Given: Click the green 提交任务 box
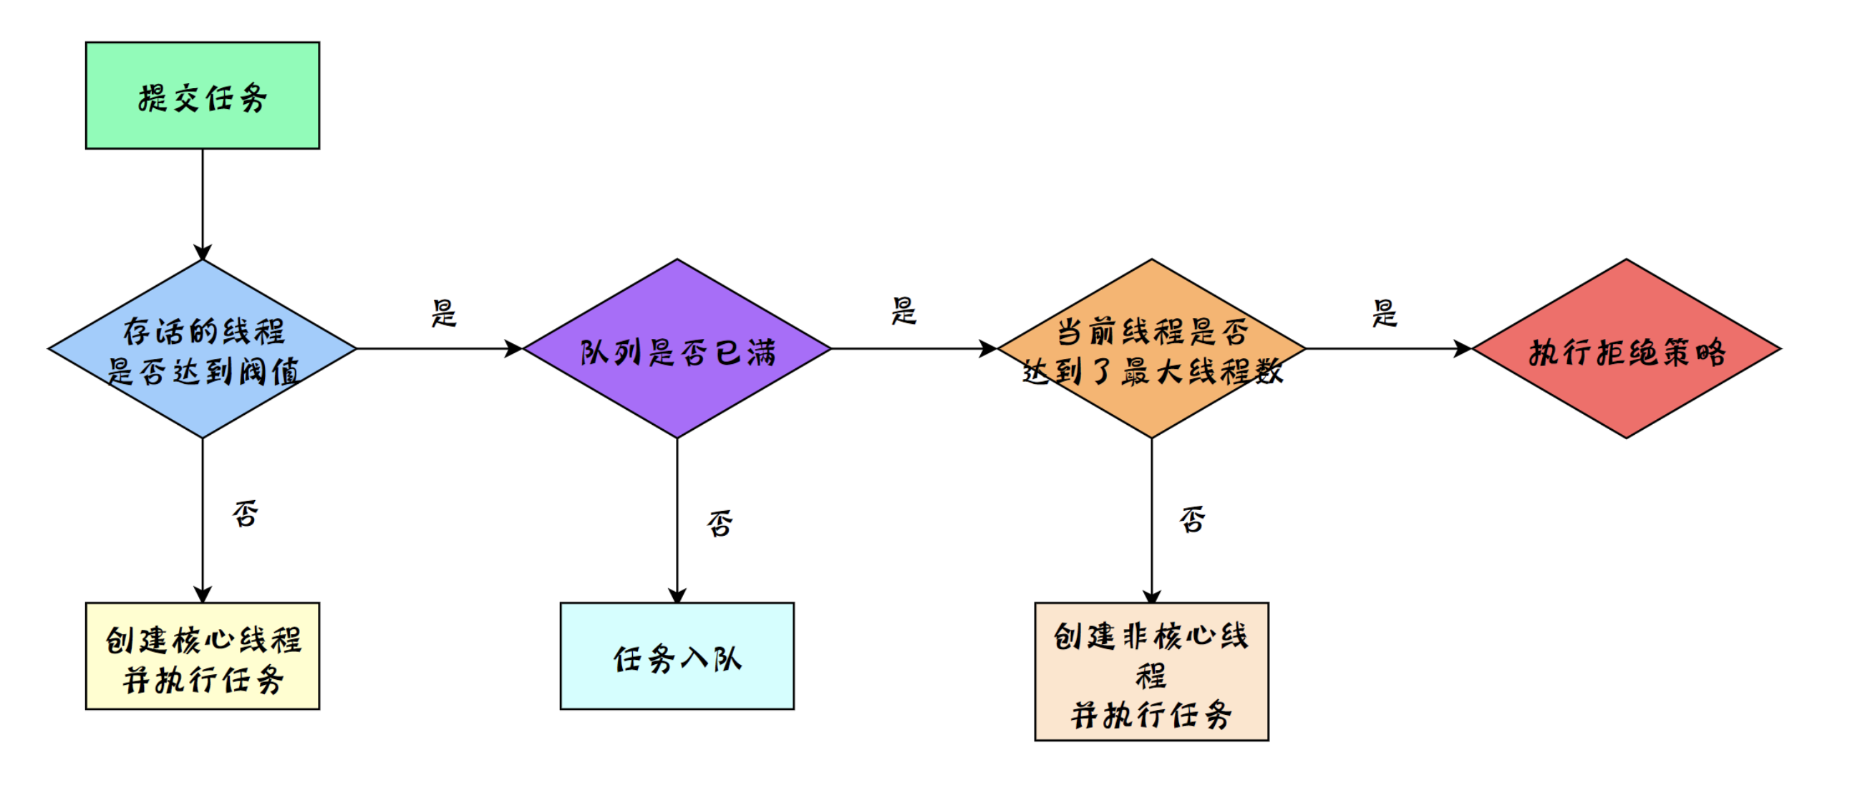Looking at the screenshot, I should pos(203,95).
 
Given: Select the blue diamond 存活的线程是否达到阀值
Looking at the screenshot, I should pos(203,349).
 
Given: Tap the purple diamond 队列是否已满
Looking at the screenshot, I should pos(677,349).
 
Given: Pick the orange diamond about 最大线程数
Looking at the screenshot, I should pos(1151,349).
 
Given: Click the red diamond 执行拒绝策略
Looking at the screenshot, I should pos(1627,349).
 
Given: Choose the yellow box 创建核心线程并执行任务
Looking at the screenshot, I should pos(203,656).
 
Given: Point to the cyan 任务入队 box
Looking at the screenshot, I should pos(677,656).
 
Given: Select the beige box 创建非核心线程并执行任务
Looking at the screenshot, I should pos(1151,671).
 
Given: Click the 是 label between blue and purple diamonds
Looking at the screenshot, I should pos(444,313).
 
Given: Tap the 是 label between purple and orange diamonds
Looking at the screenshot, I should pos(904,311).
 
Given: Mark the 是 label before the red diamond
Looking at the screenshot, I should pos(1385,313).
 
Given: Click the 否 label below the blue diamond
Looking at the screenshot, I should pos(246,514).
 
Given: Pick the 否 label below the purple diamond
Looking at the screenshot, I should pos(720,523).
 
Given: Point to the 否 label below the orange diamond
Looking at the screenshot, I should pos(1193,519).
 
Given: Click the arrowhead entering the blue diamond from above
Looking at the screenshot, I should pos(203,253).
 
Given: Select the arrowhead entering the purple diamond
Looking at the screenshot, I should pos(514,349).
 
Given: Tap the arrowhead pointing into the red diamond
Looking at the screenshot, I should pos(1463,349).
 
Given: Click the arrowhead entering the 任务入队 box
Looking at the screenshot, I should pos(677,595).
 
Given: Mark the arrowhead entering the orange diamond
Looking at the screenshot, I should pos(989,349).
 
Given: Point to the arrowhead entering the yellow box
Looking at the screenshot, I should pos(203,595).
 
